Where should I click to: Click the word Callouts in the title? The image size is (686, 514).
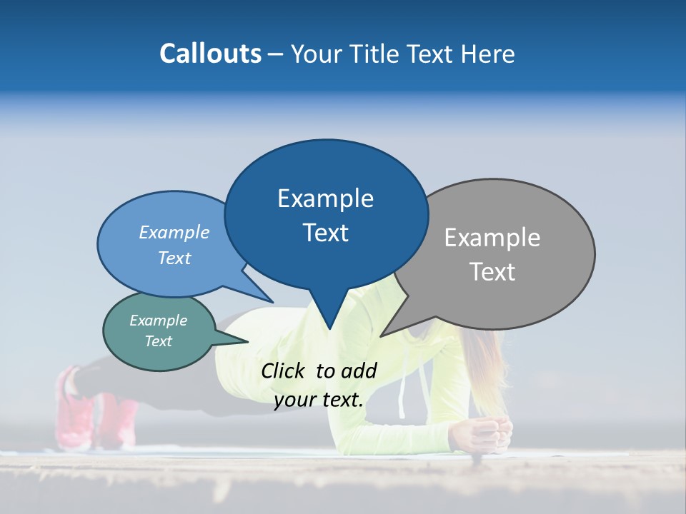pos(210,54)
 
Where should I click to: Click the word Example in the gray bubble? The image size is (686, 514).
pos(492,237)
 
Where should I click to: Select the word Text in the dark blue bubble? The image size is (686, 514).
pos(326,233)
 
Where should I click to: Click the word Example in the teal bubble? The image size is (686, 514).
pos(158,321)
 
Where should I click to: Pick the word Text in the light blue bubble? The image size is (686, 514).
pos(174,258)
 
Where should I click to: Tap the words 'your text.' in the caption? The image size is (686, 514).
pos(319,400)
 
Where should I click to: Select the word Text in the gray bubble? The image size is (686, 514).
pos(493,272)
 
